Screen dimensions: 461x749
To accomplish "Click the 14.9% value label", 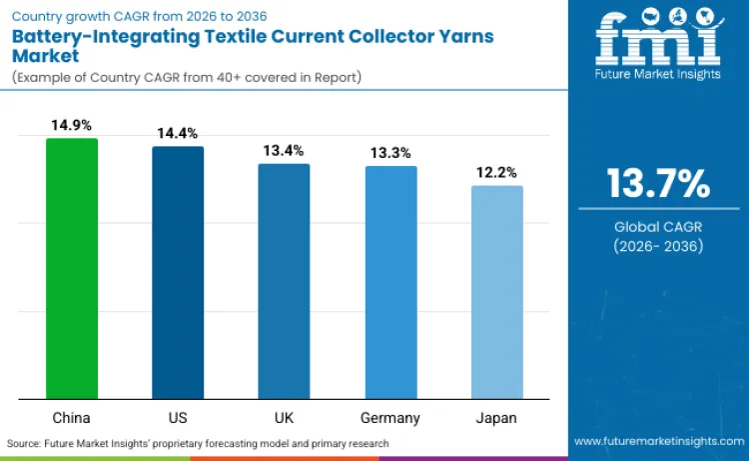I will click(x=72, y=126).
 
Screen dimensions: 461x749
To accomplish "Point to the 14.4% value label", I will click(x=178, y=133).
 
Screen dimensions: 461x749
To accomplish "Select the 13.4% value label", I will click(x=284, y=151).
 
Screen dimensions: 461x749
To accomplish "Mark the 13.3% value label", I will click(x=390, y=153).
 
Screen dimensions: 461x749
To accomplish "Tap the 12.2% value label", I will click(x=496, y=172).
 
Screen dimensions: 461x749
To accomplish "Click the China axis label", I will click(x=72, y=417).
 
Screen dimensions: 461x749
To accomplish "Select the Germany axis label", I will click(x=390, y=417).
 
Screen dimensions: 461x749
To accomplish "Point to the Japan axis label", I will click(x=496, y=417).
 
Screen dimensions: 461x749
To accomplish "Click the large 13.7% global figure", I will click(x=658, y=183).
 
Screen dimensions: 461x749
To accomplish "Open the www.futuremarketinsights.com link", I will click(x=658, y=441).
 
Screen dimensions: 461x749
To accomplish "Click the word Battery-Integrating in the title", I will click(x=92, y=36).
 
